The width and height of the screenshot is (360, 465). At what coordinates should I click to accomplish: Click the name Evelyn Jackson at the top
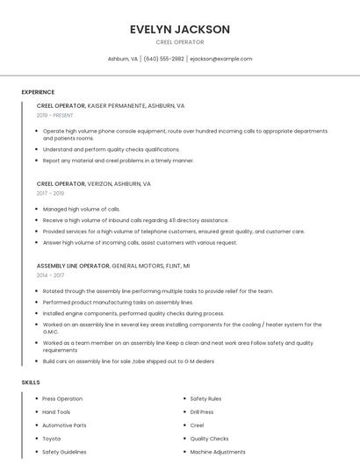coord(179,29)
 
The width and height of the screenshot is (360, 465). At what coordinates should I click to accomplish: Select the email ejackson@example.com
coord(221,59)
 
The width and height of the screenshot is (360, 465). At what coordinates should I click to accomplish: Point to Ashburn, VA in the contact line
coord(123,59)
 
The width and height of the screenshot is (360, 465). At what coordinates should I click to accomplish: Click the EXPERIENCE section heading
coord(38,92)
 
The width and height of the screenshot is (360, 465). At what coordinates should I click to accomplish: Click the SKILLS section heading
coord(31,383)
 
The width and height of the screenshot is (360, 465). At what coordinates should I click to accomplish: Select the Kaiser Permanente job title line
coord(111,105)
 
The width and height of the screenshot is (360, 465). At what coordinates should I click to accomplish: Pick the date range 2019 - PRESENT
coord(54,115)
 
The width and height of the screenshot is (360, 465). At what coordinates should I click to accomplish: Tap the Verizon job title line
coord(94,184)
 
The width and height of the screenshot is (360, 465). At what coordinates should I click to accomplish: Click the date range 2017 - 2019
coord(50,193)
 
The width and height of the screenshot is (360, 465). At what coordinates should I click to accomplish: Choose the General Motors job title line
coord(113,265)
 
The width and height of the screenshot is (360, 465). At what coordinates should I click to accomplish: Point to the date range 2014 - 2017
coord(50,275)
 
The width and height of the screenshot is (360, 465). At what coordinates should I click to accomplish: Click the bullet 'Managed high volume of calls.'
coord(82,209)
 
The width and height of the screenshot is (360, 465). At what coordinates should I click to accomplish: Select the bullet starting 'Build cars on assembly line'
coord(128,361)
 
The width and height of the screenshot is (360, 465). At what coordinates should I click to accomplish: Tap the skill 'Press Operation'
coord(62,398)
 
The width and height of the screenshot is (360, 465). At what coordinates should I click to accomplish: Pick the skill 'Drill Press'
coord(202,411)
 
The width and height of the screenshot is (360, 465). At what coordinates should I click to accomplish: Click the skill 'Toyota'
coord(52,439)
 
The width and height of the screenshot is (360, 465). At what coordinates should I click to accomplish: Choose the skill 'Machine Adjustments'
coord(218,452)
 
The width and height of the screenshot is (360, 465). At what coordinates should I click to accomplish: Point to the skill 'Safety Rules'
coord(205,398)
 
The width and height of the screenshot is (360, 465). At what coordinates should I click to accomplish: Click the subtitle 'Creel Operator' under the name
coord(179,42)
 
